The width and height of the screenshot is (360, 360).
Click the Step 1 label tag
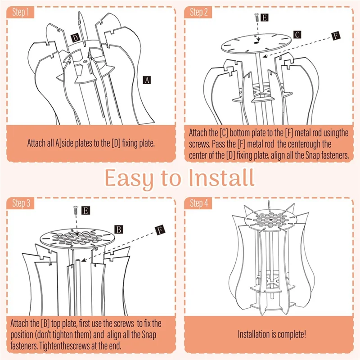20,13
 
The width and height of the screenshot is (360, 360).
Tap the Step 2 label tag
198,13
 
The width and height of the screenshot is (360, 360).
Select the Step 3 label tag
20,203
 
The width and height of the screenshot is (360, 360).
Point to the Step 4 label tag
198,203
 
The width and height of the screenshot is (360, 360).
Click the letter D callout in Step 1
76,38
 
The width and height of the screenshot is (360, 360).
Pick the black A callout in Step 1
147,80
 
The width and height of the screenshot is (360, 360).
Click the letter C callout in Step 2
297,34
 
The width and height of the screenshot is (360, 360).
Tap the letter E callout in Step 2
265,18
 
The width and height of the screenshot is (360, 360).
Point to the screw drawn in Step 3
75,210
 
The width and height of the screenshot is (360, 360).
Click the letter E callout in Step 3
85,210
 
